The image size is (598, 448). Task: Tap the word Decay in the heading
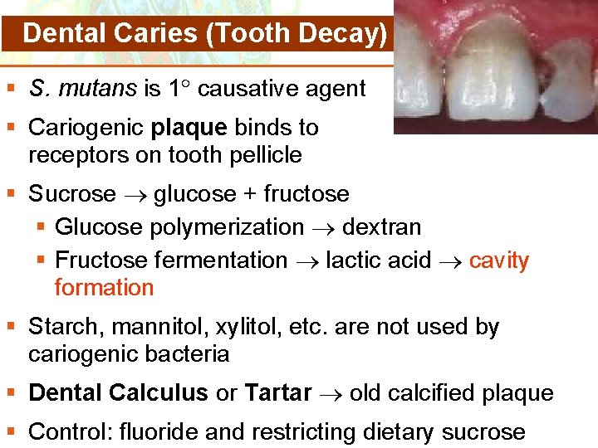click(336, 34)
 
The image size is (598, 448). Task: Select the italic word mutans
click(98, 89)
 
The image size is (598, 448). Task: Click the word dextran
click(382, 227)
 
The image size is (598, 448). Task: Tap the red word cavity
click(499, 261)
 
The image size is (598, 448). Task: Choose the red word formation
click(104, 288)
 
